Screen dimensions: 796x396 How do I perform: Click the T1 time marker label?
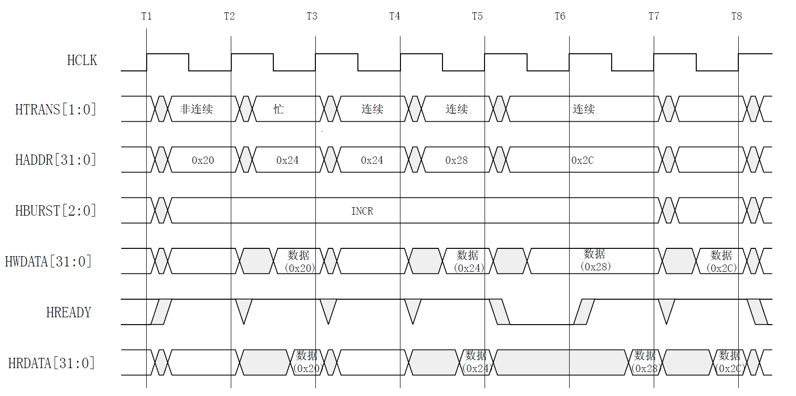point(146,16)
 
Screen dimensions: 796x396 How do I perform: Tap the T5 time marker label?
point(477,16)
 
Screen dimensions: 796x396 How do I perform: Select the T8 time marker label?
point(736,16)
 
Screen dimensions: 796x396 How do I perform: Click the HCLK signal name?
point(82,60)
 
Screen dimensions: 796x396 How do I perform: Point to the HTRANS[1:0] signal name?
point(56,110)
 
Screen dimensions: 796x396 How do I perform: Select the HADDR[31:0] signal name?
point(56,160)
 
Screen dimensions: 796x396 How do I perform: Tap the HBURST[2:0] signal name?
point(56,211)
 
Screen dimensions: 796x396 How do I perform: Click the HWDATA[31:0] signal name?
point(48,262)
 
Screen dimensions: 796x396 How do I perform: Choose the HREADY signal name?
point(69,312)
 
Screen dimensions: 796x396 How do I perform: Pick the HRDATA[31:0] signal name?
point(51,363)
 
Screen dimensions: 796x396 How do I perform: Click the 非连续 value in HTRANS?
point(197,109)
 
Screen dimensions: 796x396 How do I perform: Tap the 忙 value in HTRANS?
point(279,109)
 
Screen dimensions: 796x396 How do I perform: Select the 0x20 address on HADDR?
point(203,160)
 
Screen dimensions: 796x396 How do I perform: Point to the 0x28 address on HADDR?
point(457,160)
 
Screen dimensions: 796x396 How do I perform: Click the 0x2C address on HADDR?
point(582,160)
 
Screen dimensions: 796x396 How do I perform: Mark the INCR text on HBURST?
point(362,211)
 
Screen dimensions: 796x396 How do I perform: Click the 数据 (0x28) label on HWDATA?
point(595,260)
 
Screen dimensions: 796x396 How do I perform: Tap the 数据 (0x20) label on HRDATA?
point(308,362)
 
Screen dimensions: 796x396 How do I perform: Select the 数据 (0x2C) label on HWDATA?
point(721,261)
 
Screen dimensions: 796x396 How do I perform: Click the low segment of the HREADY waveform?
point(542,324)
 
